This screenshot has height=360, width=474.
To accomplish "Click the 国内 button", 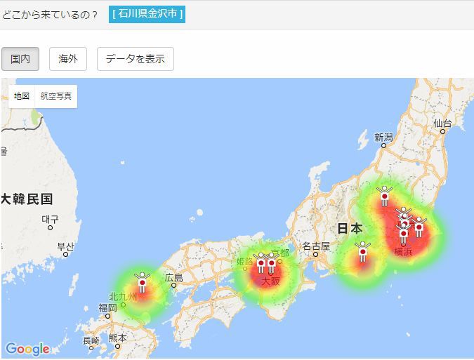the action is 20,59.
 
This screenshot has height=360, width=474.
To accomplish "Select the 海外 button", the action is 68,59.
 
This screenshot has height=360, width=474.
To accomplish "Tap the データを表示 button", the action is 135,59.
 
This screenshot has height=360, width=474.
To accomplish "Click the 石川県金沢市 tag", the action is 147,14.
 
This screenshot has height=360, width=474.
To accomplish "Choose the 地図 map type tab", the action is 21,96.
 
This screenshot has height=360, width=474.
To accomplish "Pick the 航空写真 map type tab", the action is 56,96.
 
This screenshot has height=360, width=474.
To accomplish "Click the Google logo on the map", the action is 27,349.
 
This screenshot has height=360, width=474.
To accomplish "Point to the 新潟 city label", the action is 383,138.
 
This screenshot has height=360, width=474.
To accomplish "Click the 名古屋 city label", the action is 315,246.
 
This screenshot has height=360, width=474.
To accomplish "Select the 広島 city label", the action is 173,277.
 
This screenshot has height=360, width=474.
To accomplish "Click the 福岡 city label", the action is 107,307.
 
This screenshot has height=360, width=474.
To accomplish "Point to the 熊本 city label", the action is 118,338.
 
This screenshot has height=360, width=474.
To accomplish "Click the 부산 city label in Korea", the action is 65,246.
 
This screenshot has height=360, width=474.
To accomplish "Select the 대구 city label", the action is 50,219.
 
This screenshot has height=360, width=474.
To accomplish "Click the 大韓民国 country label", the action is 27,199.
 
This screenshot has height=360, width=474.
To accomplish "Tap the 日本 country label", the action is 350,228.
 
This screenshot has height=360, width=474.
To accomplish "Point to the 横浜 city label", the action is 403,251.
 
